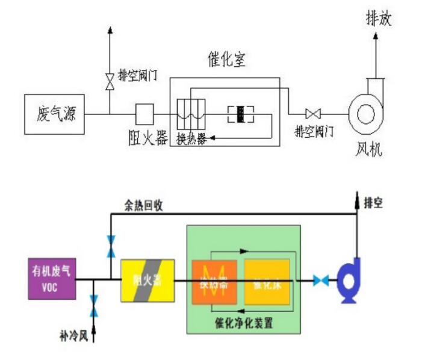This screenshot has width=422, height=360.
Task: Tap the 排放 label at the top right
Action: [379, 19]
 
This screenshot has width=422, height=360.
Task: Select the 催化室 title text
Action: [223, 60]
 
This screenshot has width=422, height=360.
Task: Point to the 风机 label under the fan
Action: [368, 148]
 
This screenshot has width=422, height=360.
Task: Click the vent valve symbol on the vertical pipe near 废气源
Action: [109, 80]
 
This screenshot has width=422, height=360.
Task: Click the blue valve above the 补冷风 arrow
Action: [93, 306]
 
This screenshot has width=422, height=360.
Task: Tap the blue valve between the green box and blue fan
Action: [320, 281]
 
